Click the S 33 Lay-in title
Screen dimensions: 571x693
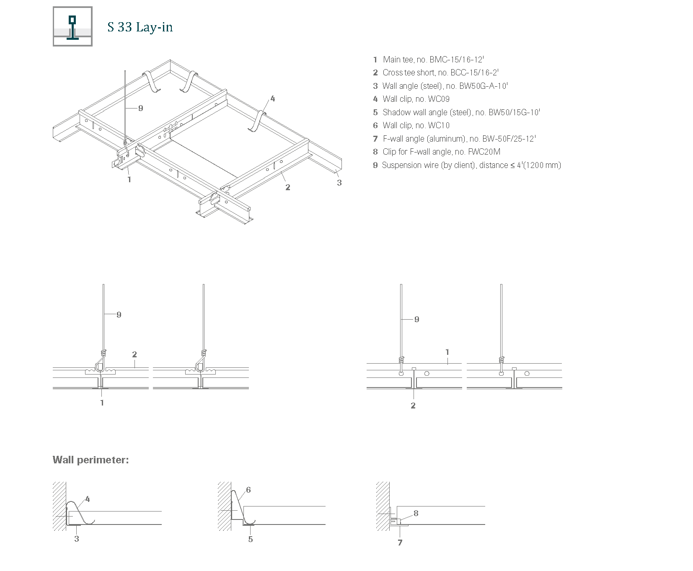pyautogui.click(x=140, y=27)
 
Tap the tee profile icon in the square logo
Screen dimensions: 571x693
pyautogui.click(x=72, y=28)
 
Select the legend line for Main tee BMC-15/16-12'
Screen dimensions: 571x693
pyautogui.click(x=429, y=59)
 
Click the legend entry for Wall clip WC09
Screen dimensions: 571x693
pyautogui.click(x=411, y=99)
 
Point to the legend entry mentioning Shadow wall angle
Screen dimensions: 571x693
pyautogui.click(x=456, y=112)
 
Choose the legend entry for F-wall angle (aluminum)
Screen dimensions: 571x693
pyautogui.click(x=454, y=139)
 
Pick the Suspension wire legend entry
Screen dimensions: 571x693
pyautogui.click(x=467, y=165)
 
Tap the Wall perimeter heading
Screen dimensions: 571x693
pyautogui.click(x=91, y=460)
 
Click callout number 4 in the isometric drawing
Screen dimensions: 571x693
pyautogui.click(x=273, y=99)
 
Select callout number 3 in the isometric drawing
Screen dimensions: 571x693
pyautogui.click(x=339, y=183)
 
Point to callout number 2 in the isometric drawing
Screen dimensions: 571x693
pyautogui.click(x=288, y=187)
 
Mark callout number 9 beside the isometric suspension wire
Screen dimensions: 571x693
pyautogui.click(x=141, y=108)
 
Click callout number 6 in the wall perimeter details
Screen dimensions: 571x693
pyautogui.click(x=248, y=490)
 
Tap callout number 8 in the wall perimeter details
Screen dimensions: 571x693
pyautogui.click(x=416, y=513)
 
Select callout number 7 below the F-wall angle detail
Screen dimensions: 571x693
pyautogui.click(x=400, y=543)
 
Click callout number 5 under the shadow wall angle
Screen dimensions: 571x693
pyautogui.click(x=251, y=539)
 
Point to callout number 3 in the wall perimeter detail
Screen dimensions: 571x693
pyautogui.click(x=77, y=539)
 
